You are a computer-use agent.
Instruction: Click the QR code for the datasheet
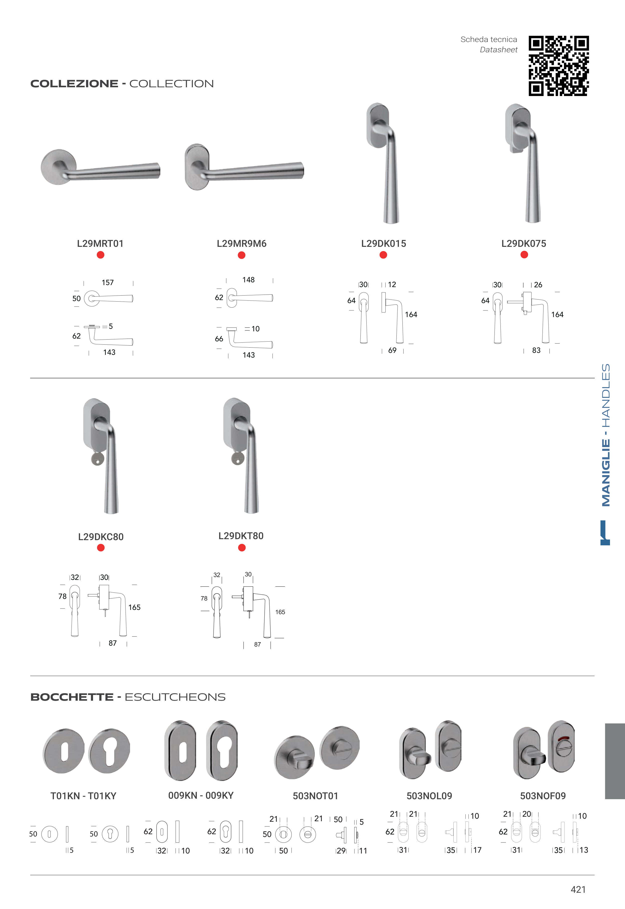[558, 66]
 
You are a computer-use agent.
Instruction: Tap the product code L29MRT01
[100, 244]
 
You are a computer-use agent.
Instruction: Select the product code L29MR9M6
[242, 244]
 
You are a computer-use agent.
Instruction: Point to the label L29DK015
[383, 244]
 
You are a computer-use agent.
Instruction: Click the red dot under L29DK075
[524, 255]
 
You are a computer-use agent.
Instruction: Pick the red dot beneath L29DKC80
[101, 548]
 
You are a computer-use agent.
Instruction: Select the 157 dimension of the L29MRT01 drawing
[108, 283]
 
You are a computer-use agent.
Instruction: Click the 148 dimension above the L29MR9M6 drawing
[248, 280]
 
